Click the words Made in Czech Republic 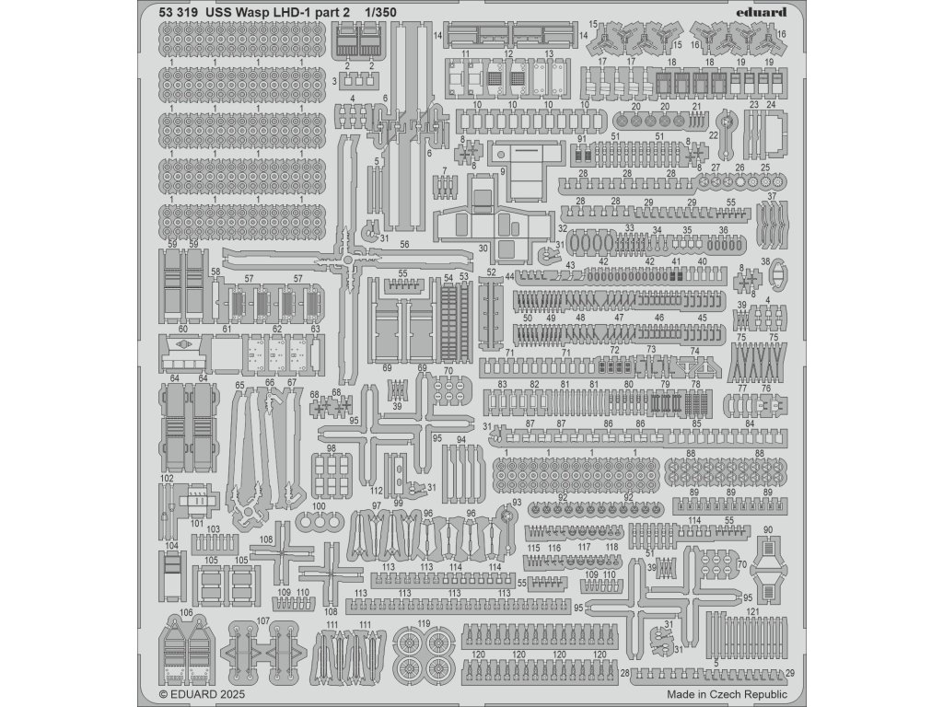coord(727,695)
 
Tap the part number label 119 coord(424,624)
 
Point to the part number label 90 coord(769,529)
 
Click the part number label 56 coord(405,247)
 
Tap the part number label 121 coord(752,612)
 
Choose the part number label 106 coord(187,612)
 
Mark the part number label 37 coord(773,196)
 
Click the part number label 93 coord(517,503)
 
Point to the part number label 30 coord(483,249)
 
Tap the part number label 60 coord(182,328)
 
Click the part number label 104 coord(171,546)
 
